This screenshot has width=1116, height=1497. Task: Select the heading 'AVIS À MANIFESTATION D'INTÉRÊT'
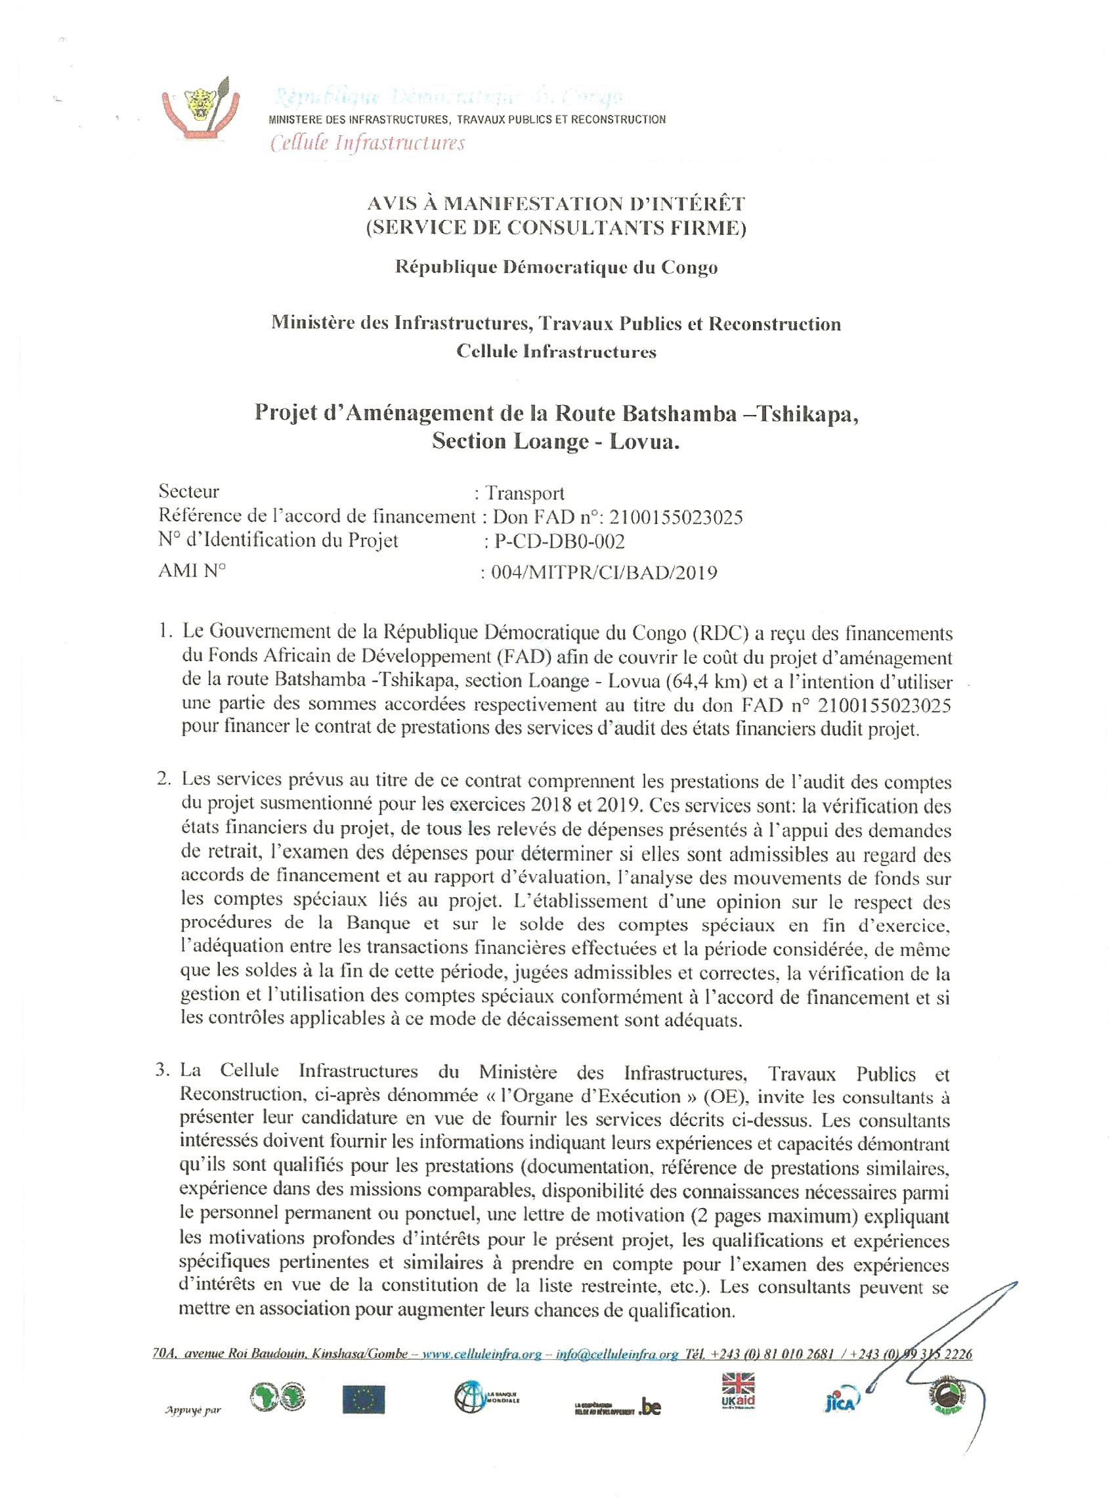556,203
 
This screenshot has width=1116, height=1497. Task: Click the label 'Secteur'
188,491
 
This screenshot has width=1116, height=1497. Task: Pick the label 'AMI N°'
192,571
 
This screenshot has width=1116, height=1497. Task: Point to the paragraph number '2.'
164,779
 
